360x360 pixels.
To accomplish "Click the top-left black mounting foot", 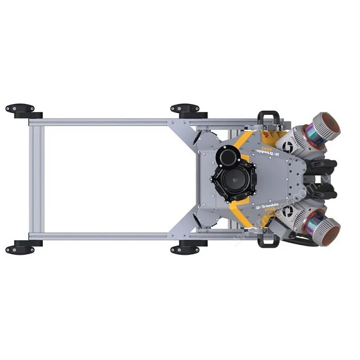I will [20, 108].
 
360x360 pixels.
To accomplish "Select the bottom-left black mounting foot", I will [20, 248].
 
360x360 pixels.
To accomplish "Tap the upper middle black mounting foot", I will [185, 108].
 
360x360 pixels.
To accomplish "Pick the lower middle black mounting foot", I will [185, 248].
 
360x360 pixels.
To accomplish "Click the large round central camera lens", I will [232, 181].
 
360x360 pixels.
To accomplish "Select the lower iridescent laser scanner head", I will [326, 229].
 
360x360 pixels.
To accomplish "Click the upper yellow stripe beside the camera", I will [244, 141].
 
